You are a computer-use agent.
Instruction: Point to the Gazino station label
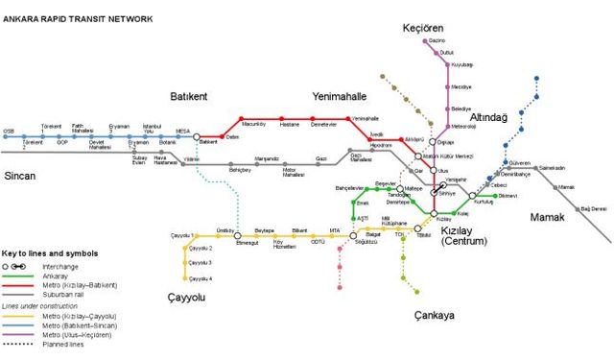click(437, 41)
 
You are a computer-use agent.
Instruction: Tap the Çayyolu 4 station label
click(201, 278)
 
